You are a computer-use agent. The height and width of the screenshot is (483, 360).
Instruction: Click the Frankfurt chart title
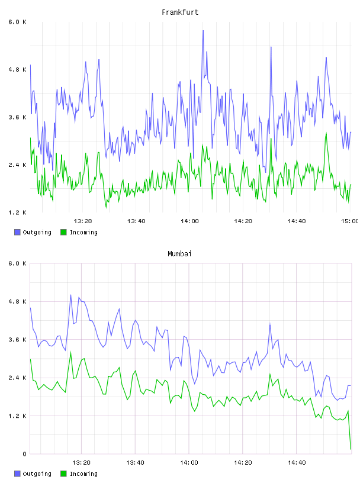point(180,12)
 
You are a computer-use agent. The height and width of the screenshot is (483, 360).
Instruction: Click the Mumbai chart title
point(179,254)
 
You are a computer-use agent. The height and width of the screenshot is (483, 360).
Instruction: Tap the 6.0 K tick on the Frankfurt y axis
point(17,22)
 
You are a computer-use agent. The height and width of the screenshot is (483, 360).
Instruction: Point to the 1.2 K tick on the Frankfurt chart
point(17,212)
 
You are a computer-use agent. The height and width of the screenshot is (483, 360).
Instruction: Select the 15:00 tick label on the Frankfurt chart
point(350,221)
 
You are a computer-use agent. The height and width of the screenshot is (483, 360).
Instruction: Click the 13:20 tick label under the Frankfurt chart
point(83,221)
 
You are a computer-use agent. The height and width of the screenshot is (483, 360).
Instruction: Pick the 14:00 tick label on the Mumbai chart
point(189,463)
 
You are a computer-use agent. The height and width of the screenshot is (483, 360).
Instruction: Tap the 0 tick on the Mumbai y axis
point(25,454)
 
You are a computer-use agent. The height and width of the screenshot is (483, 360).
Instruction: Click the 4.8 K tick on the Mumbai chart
point(17,301)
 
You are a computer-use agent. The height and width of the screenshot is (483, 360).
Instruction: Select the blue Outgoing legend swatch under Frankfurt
point(17,232)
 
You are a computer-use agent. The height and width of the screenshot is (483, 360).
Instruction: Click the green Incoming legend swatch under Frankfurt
point(63,232)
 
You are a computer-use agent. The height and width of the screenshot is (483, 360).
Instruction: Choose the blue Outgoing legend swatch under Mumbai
point(17,474)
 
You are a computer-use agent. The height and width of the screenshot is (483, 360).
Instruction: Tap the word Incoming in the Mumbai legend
point(83,474)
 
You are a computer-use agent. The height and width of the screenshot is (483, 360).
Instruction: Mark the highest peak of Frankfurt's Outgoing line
point(203,31)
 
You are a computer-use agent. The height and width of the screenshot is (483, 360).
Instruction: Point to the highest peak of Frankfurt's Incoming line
point(326,133)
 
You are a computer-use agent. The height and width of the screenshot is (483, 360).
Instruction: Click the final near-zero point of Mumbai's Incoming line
point(351,449)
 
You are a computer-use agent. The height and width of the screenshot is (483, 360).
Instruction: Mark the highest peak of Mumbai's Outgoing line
point(70,295)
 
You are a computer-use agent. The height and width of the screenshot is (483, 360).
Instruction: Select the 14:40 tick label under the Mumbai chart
point(297,463)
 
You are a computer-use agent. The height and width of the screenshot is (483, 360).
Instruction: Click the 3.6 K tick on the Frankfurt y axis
point(17,117)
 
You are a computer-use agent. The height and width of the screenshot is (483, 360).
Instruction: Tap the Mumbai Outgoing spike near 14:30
point(270,324)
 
